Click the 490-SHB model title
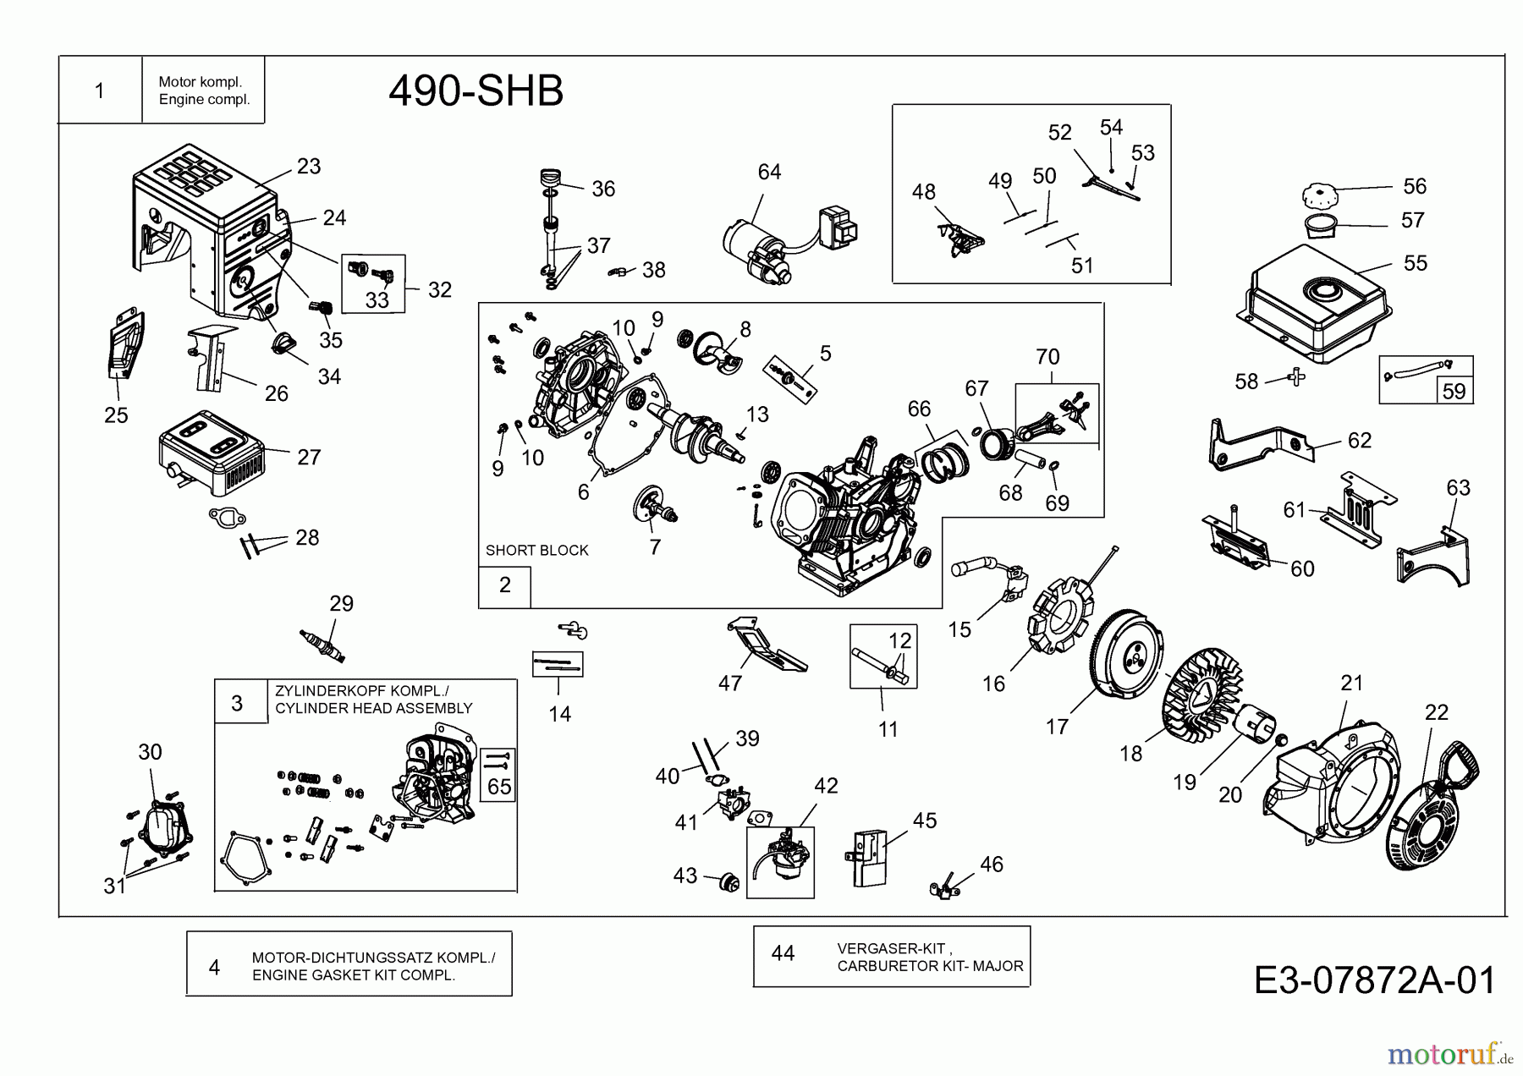click(476, 91)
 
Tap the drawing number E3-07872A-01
click(1374, 980)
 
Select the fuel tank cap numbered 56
click(1323, 196)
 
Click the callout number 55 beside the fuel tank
click(1415, 263)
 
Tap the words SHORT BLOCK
click(536, 550)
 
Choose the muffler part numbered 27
click(212, 453)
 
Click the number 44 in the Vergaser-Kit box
click(783, 953)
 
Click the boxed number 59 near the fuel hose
click(1454, 392)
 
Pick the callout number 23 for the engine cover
click(309, 167)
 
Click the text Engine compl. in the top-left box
click(204, 100)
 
